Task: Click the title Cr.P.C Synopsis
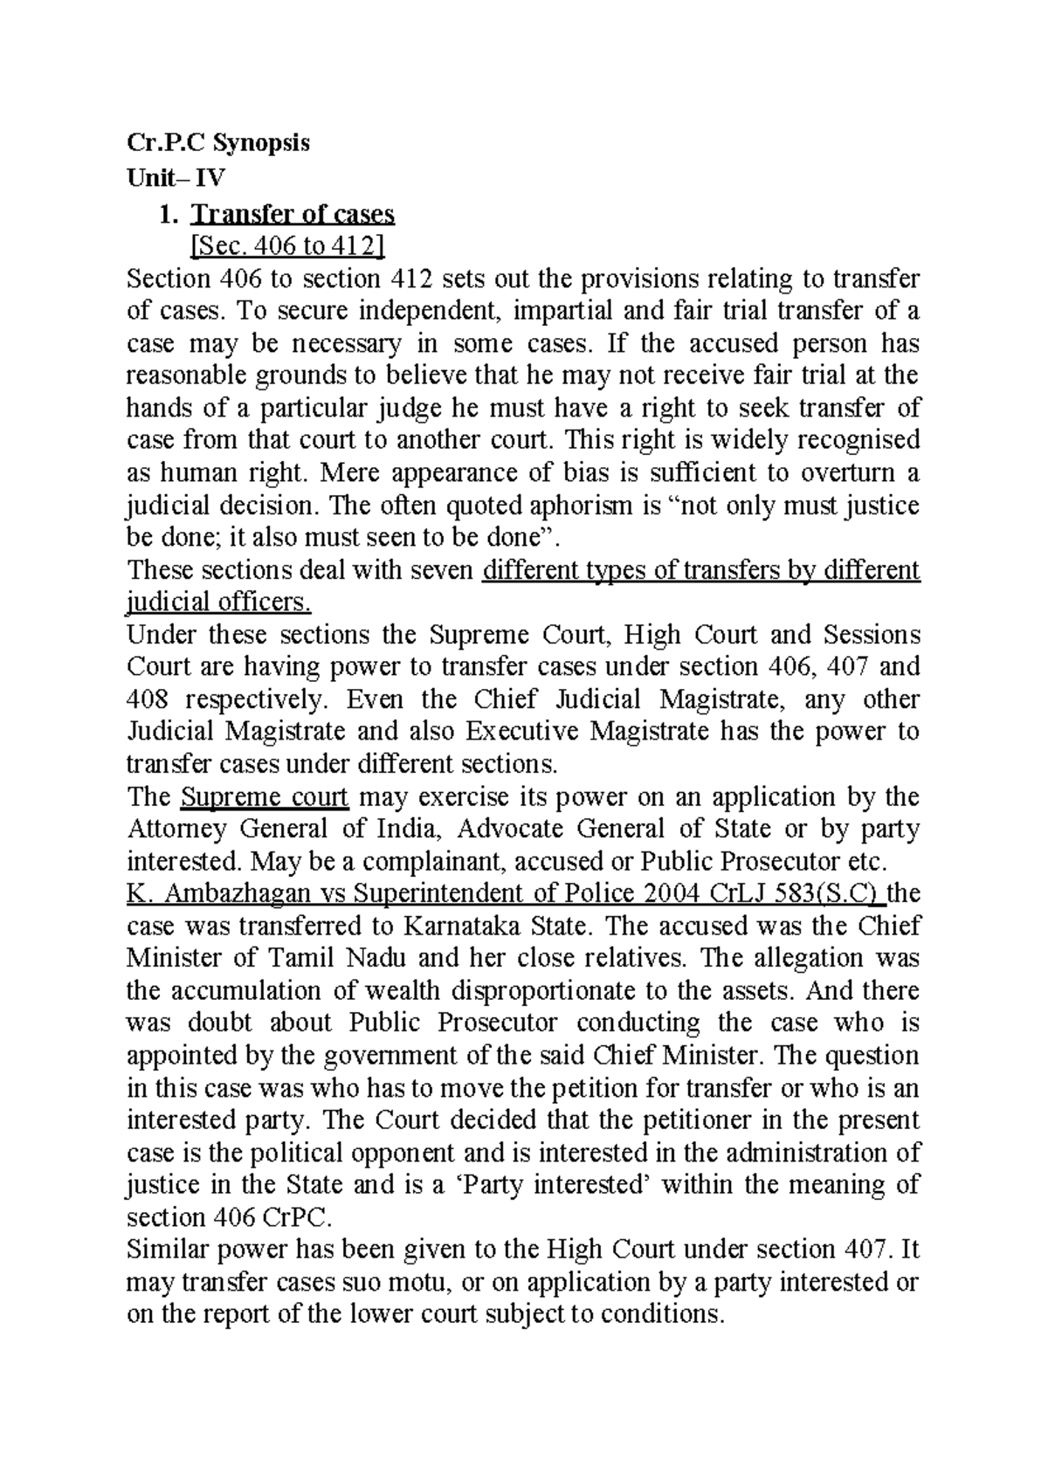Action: [x=218, y=142]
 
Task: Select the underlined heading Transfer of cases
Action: [x=293, y=214]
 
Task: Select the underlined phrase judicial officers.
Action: [x=218, y=603]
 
